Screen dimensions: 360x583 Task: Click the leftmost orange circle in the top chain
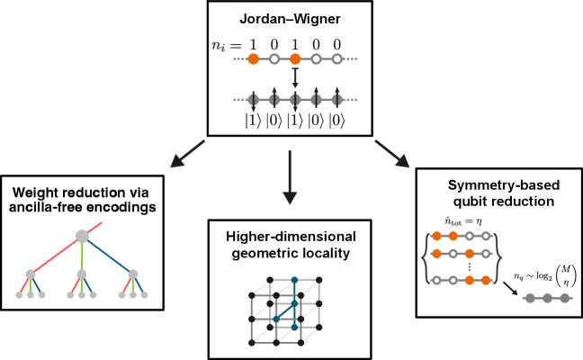(x=254, y=59)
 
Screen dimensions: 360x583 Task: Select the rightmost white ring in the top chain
(x=336, y=59)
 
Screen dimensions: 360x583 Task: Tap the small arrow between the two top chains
(x=295, y=79)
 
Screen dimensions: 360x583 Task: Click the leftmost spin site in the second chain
(x=254, y=100)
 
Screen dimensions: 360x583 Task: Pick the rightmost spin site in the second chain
(x=336, y=100)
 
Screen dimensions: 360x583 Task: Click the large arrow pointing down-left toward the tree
(x=187, y=154)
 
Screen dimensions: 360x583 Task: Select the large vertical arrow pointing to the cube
(x=290, y=177)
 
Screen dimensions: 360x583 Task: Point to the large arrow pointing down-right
(x=392, y=154)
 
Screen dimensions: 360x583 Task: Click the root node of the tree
(x=82, y=236)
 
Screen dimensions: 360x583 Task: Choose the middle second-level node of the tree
(x=82, y=274)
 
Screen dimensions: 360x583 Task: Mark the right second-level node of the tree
(x=133, y=274)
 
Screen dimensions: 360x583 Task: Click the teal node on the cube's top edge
(x=294, y=280)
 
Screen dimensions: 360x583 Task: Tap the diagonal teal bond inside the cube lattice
(x=284, y=311)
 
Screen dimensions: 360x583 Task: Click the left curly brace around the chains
(x=425, y=258)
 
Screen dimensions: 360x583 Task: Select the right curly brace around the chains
(x=498, y=258)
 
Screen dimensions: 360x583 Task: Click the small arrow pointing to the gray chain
(x=510, y=289)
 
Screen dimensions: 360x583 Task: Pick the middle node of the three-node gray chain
(x=547, y=298)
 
